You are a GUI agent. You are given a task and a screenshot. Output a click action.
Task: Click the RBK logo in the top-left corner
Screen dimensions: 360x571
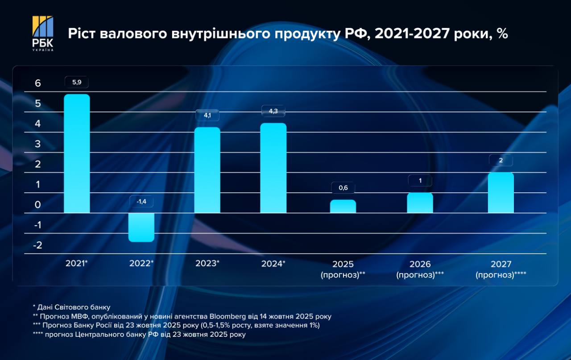coord(43,33)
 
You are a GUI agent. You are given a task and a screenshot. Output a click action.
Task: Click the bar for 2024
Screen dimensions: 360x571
coord(273,168)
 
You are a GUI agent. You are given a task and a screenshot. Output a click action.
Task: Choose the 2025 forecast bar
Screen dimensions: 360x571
coord(343,206)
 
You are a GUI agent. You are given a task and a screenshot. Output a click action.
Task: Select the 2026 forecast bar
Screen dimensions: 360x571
coord(420,203)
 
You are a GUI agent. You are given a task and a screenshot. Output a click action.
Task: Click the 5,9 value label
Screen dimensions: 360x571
coord(77,83)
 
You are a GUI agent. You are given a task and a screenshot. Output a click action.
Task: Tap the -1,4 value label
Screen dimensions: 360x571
coord(141,201)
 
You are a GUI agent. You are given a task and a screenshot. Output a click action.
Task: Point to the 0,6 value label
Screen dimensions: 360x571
coord(343,187)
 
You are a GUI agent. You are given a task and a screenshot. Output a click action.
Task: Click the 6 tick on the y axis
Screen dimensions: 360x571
coord(38,83)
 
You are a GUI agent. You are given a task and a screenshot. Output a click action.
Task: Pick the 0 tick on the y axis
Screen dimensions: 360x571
coord(38,205)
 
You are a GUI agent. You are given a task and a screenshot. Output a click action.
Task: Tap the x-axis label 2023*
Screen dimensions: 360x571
coord(207,264)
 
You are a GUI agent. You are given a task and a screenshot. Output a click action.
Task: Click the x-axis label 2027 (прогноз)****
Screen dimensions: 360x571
coord(501,269)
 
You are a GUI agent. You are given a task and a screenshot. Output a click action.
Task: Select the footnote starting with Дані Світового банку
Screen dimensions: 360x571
coord(71,307)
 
